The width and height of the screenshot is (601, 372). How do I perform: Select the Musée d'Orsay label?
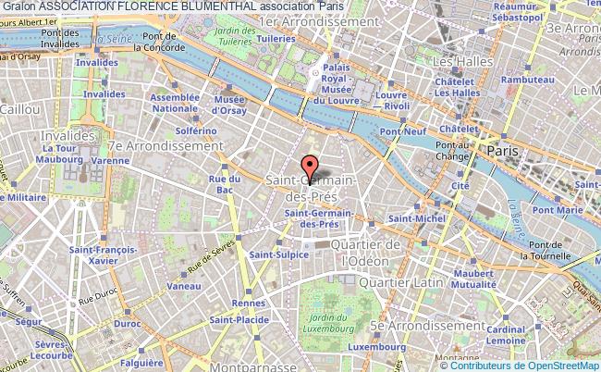click(x=229, y=104)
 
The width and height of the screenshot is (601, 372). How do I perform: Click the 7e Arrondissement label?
click(x=166, y=146)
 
